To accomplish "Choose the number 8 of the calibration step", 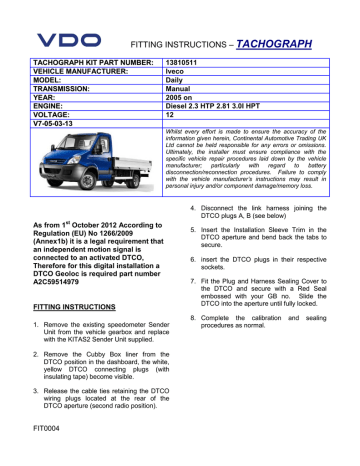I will point(191,345).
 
